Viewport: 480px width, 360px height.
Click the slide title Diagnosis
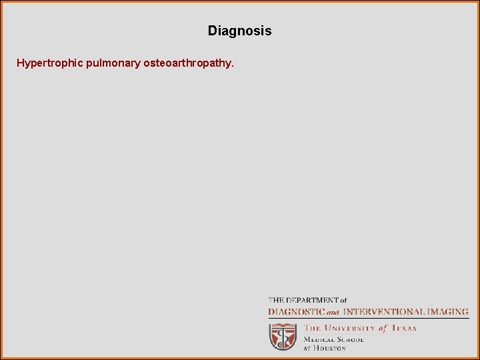pyautogui.click(x=239, y=31)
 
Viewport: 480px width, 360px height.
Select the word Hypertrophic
pyautogui.click(x=50, y=64)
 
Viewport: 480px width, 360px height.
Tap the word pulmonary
pyautogui.click(x=112, y=64)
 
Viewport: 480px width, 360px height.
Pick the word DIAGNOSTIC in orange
pyautogui.click(x=296, y=311)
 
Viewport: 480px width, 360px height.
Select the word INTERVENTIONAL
pyautogui.click(x=384, y=311)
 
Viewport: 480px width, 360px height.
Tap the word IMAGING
pyautogui.click(x=448, y=311)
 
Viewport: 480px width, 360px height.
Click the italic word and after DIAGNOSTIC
pyautogui.click(x=333, y=312)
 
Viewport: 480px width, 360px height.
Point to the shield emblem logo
pyautogui.click(x=283, y=337)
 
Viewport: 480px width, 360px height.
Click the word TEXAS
pyautogui.click(x=403, y=328)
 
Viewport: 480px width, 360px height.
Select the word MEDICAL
pyautogui.click(x=320, y=339)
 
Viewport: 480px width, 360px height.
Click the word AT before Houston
pyautogui.click(x=308, y=348)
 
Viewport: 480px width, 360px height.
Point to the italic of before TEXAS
pyautogui.click(x=383, y=328)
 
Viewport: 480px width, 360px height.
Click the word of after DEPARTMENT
pyautogui.click(x=342, y=301)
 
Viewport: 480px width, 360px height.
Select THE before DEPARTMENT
pyautogui.click(x=277, y=301)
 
